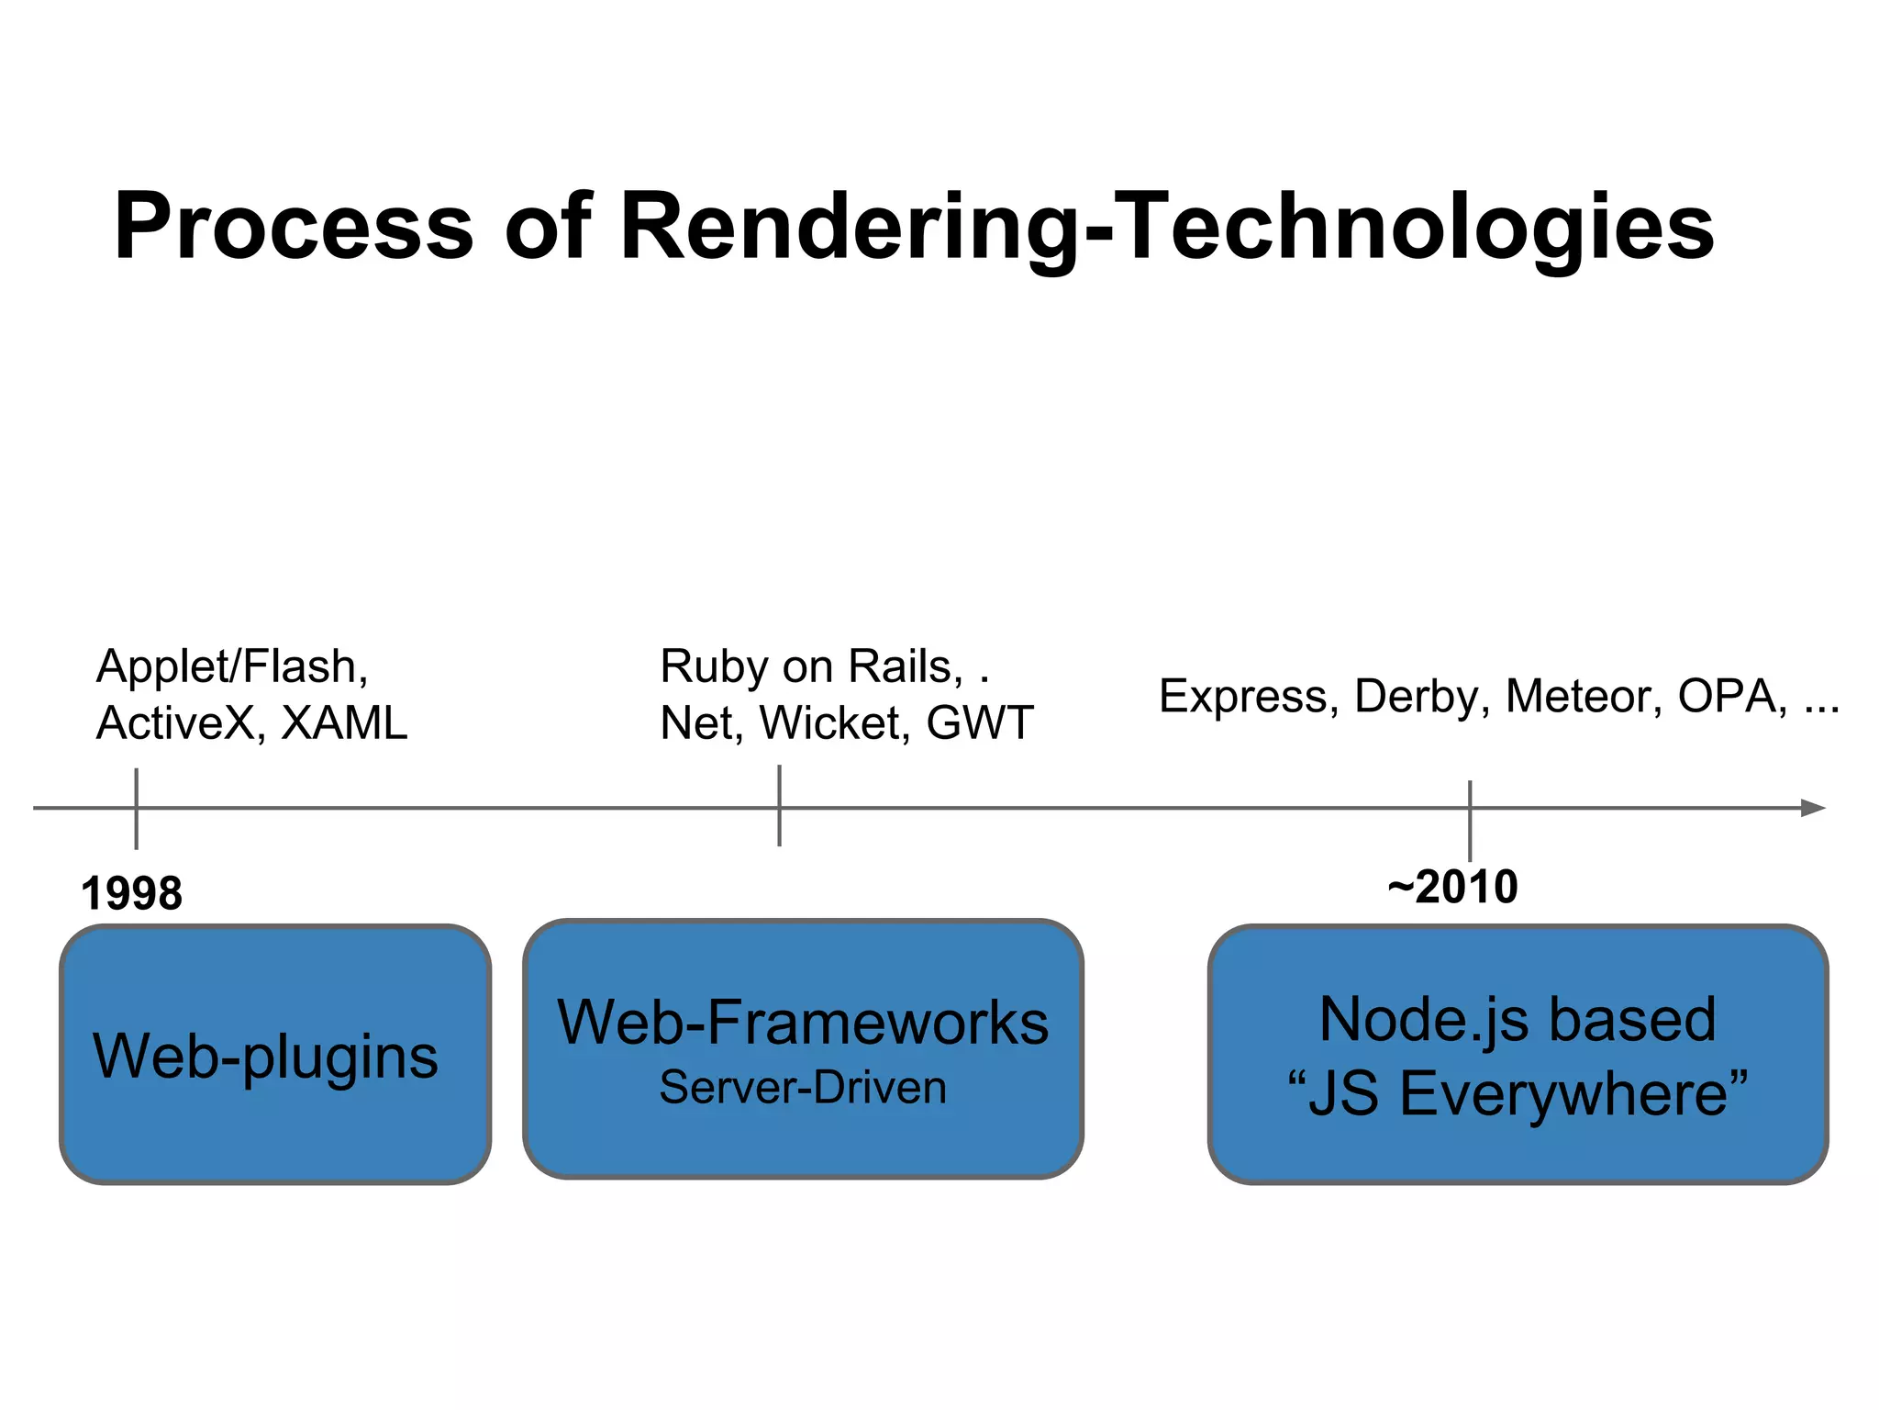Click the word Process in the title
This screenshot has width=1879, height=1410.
[x=294, y=227]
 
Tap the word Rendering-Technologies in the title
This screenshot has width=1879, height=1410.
[x=1166, y=227]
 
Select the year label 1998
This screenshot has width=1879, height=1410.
[x=131, y=893]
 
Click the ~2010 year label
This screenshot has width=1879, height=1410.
[x=1452, y=887]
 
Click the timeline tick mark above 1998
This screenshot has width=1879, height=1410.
[x=136, y=808]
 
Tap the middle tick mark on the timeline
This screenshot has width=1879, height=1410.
[x=779, y=806]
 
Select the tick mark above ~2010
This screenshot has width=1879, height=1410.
[x=1469, y=820]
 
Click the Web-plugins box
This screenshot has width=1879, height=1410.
[x=274, y=1055]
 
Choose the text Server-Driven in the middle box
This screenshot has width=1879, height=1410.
[x=803, y=1088]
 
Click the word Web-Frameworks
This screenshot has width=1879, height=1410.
[x=803, y=1022]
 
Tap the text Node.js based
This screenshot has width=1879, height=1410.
[x=1517, y=1019]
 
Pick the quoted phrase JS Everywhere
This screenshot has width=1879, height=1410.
[x=1517, y=1094]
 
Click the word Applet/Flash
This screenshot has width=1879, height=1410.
[x=231, y=666]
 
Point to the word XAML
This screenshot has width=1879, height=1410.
[x=344, y=723]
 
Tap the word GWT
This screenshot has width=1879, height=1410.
[x=980, y=723]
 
